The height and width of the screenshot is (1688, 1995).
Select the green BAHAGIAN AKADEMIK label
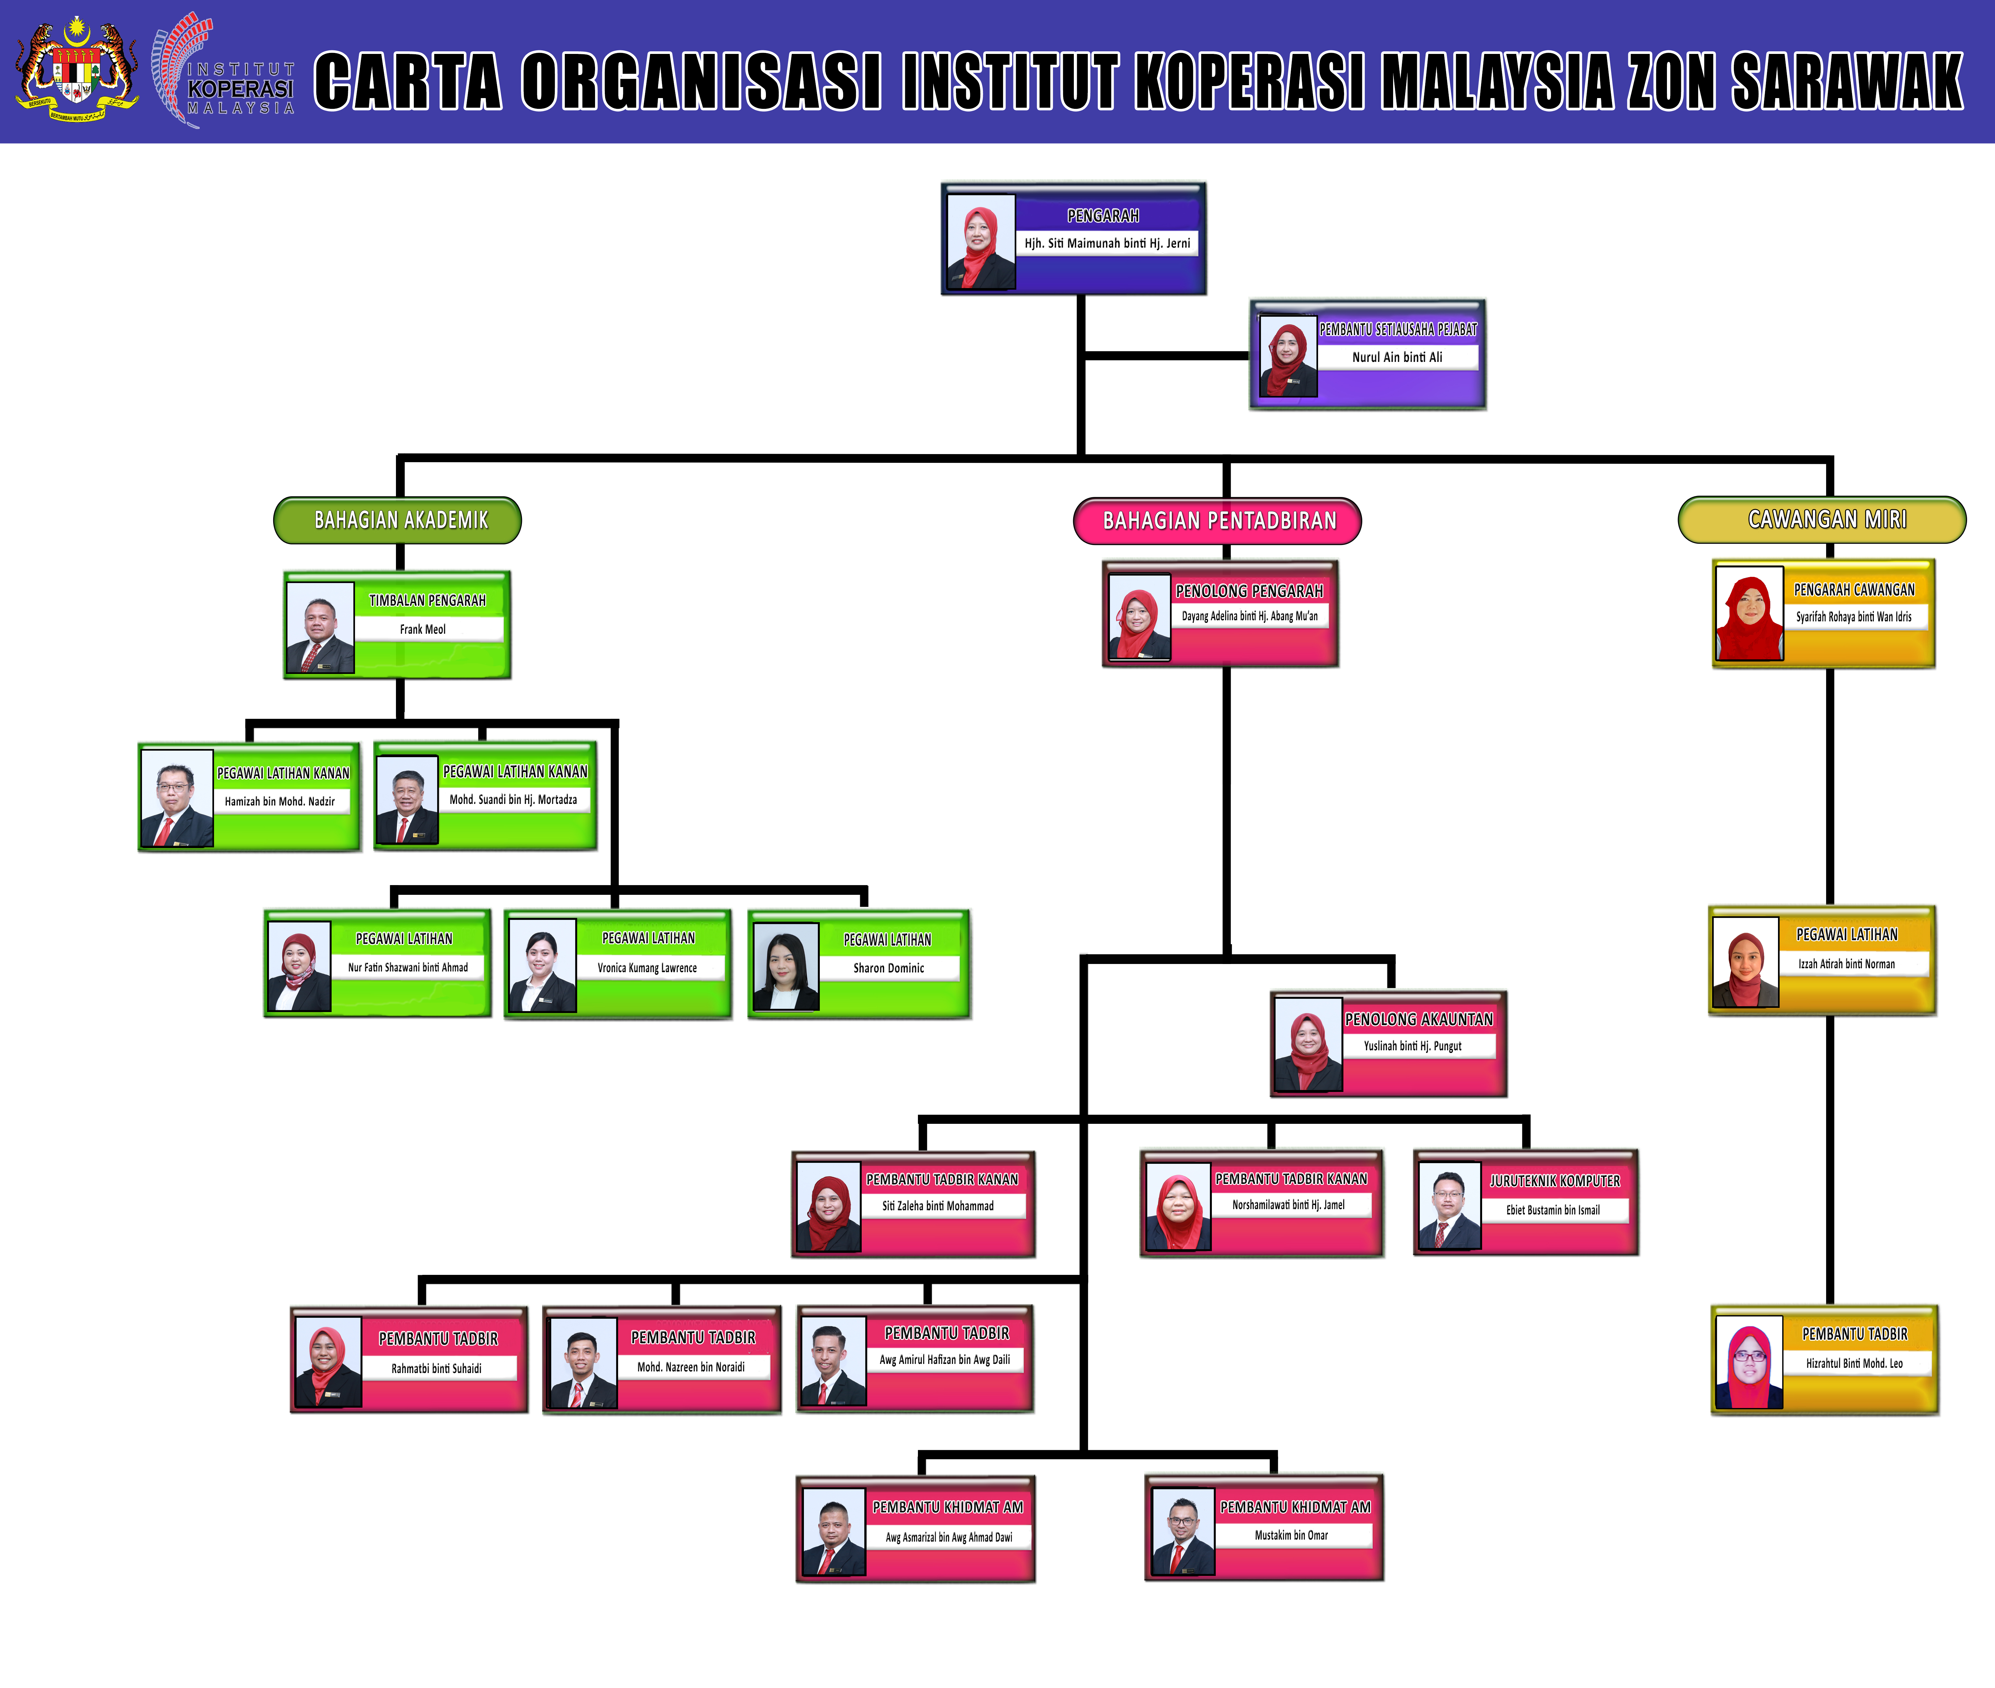click(398, 520)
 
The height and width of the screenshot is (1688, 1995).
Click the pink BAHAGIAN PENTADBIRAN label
click(1218, 521)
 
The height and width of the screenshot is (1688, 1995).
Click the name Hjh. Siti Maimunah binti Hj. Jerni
click(1107, 243)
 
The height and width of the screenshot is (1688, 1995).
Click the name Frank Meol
click(423, 629)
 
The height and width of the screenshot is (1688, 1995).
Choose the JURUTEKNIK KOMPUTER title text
click(1555, 1181)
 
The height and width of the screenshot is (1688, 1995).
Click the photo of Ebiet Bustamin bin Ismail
click(1450, 1206)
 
